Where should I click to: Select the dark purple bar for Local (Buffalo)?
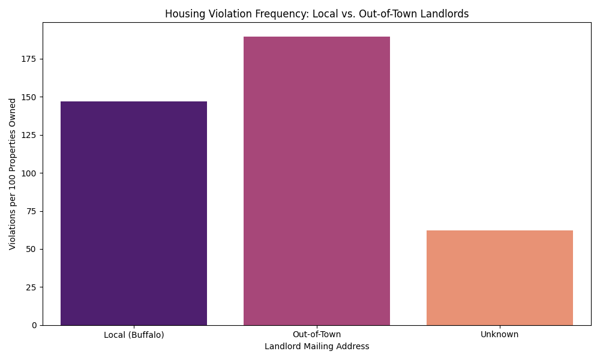pyautogui.click(x=134, y=213)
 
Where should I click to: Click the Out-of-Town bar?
pyautogui.click(x=317, y=181)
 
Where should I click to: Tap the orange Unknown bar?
pyautogui.click(x=499, y=278)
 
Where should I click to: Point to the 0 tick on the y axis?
pyautogui.click(x=35, y=325)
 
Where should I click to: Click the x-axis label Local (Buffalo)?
pyautogui.click(x=134, y=334)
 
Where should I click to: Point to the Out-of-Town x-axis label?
pyautogui.click(x=317, y=334)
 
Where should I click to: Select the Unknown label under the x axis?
pyautogui.click(x=499, y=334)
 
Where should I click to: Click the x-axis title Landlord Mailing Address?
pyautogui.click(x=317, y=346)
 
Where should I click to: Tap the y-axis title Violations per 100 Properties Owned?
pyautogui.click(x=13, y=174)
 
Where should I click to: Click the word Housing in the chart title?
pyautogui.click(x=182, y=14)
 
